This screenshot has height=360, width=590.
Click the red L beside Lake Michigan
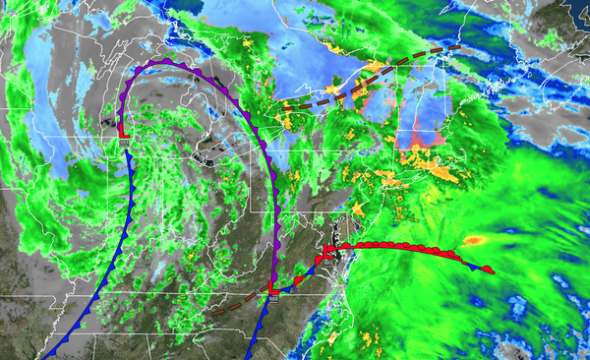click(x=122, y=131)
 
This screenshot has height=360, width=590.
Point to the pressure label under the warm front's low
click(x=328, y=262)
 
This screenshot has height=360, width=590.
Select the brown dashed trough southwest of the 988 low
click(x=236, y=301)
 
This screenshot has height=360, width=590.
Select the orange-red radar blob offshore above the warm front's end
click(x=474, y=239)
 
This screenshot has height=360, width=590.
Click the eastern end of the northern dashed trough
click(x=458, y=45)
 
